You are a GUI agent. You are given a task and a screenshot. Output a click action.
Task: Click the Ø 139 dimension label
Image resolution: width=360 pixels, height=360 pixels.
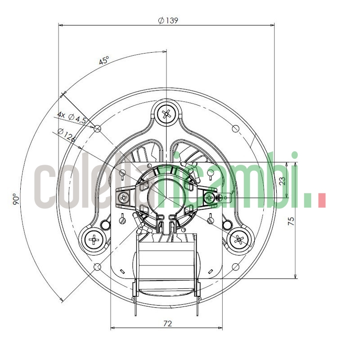167,20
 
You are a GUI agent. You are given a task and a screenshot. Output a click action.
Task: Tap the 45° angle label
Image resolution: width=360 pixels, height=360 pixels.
104,61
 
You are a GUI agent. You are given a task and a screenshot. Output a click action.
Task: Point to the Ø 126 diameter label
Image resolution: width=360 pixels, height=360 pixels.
67,135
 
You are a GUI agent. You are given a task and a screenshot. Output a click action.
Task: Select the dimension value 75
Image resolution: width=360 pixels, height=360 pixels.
291,220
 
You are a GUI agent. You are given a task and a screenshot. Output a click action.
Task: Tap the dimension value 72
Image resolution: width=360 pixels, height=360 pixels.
167,323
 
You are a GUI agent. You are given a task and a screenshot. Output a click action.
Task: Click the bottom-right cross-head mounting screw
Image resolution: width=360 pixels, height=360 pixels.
239,239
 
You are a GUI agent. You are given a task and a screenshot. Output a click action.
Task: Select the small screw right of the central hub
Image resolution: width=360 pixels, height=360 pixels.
209,197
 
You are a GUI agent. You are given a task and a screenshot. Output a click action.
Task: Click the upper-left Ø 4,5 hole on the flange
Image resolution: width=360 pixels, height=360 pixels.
97,128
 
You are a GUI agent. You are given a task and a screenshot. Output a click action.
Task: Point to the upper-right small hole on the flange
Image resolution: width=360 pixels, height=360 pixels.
235,128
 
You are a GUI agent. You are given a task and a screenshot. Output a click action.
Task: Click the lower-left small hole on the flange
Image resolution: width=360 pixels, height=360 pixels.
97,267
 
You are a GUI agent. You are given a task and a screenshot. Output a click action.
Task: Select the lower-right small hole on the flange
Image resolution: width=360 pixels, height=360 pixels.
235,267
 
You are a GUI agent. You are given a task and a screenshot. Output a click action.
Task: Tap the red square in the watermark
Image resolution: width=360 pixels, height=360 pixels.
321,201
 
